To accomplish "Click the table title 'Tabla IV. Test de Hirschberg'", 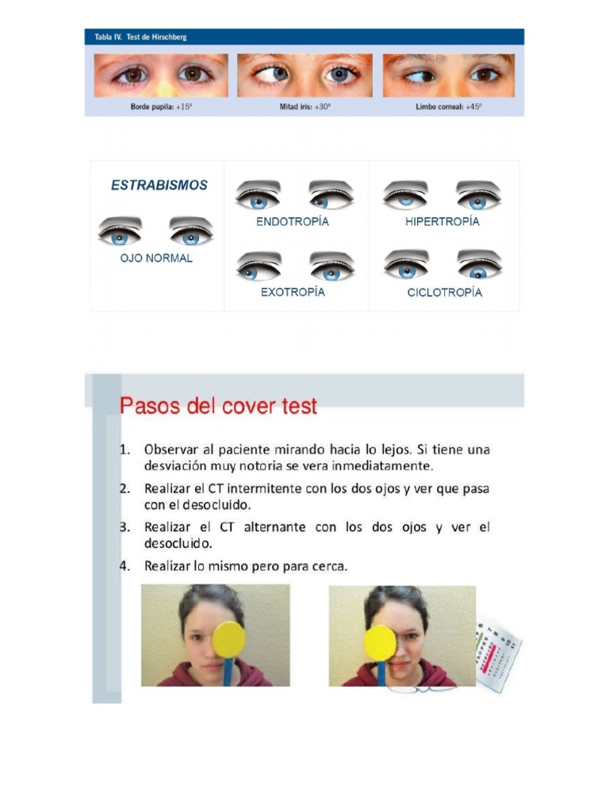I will pyautogui.click(x=140, y=37).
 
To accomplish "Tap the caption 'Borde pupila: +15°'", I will pyautogui.click(x=161, y=106).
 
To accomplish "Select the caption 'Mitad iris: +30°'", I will pyautogui.click(x=304, y=106).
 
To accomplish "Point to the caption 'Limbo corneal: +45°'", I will pyautogui.click(x=448, y=106).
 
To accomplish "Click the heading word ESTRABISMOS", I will pyautogui.click(x=159, y=186).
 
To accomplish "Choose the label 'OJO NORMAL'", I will pyautogui.click(x=156, y=259).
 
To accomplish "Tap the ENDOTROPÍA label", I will pyautogui.click(x=292, y=222).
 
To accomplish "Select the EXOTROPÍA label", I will pyautogui.click(x=293, y=292).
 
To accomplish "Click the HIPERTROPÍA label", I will pyautogui.click(x=442, y=222).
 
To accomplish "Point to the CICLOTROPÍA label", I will pyautogui.click(x=444, y=293).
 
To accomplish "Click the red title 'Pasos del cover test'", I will pyautogui.click(x=218, y=407).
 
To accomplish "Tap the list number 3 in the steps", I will pyautogui.click(x=124, y=527).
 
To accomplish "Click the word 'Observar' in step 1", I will pyautogui.click(x=170, y=450).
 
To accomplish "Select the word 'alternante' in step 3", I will pyautogui.click(x=272, y=527).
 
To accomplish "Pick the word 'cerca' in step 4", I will pyautogui.click(x=327, y=566).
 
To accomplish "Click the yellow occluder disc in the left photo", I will pyautogui.click(x=229, y=639).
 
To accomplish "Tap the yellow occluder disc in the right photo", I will pyautogui.click(x=379, y=642).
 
